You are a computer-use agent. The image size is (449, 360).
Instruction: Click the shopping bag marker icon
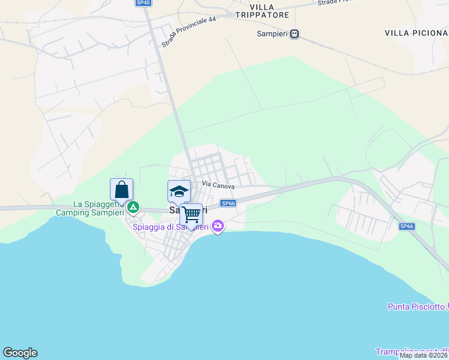[x=121, y=190]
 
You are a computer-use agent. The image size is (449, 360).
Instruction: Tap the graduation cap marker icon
[x=179, y=191]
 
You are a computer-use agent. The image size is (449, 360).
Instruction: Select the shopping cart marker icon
[x=191, y=214]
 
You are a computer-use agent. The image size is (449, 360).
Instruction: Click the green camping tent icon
[x=133, y=208]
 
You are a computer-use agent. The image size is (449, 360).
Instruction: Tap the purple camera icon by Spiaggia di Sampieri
[x=217, y=226]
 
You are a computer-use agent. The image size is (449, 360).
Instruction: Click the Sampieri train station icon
[x=294, y=34]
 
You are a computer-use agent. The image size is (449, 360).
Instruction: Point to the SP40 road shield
[x=143, y=3]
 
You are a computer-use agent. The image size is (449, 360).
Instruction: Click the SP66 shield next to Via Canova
[x=228, y=203]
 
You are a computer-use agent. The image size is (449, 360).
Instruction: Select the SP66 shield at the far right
[x=407, y=226]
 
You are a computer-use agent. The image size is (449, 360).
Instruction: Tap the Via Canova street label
[x=218, y=186]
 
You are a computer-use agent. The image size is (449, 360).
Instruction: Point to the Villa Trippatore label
[x=262, y=11]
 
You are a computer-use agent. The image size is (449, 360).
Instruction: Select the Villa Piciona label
[x=416, y=32]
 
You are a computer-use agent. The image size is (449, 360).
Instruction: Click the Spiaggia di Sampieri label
[x=170, y=227]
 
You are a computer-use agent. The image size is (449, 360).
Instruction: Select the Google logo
[x=20, y=353]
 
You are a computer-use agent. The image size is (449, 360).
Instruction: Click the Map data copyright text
[x=424, y=355]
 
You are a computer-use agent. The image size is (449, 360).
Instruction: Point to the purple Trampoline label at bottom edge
[x=412, y=351]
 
